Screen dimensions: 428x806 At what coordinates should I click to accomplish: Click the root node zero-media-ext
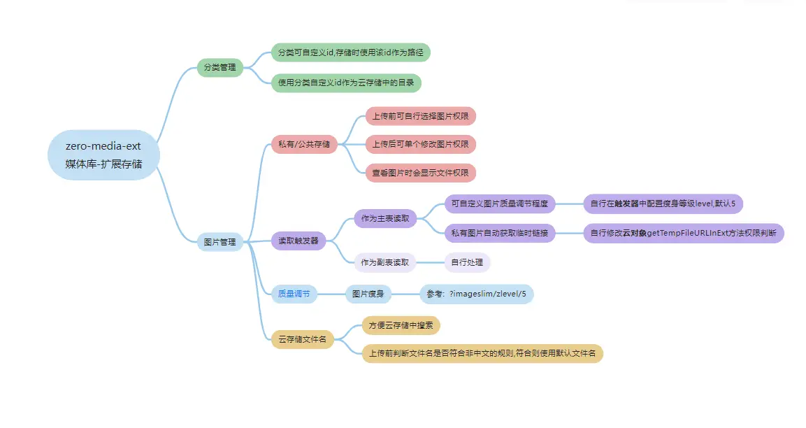(103, 155)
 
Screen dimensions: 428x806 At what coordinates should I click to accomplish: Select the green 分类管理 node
(220, 68)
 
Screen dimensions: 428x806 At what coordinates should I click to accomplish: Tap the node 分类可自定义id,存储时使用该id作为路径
(350, 52)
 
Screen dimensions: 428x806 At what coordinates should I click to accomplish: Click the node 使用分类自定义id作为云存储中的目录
(346, 83)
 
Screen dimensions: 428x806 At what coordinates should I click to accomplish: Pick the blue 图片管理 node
(220, 242)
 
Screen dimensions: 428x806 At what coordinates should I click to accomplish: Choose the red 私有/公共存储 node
(304, 145)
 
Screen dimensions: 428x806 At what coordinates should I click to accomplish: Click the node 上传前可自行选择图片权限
(420, 116)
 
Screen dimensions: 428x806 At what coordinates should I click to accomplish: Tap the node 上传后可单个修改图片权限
(420, 144)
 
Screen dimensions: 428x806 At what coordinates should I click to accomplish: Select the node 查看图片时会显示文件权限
(420, 173)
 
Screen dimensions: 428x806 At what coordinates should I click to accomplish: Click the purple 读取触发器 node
(298, 241)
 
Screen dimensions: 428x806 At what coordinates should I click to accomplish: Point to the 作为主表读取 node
(384, 218)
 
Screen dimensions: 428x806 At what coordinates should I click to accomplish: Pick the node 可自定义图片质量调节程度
(500, 204)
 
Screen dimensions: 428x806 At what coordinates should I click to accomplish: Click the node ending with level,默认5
(663, 204)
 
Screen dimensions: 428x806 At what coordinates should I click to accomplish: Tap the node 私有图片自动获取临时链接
(500, 233)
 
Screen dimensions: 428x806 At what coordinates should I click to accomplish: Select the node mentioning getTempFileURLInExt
(684, 233)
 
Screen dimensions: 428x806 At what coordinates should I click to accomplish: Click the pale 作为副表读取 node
(384, 262)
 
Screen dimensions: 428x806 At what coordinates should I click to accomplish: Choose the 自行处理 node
(468, 262)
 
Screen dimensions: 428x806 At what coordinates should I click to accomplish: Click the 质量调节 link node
(294, 294)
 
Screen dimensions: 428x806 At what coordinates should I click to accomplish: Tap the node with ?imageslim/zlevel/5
(476, 294)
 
